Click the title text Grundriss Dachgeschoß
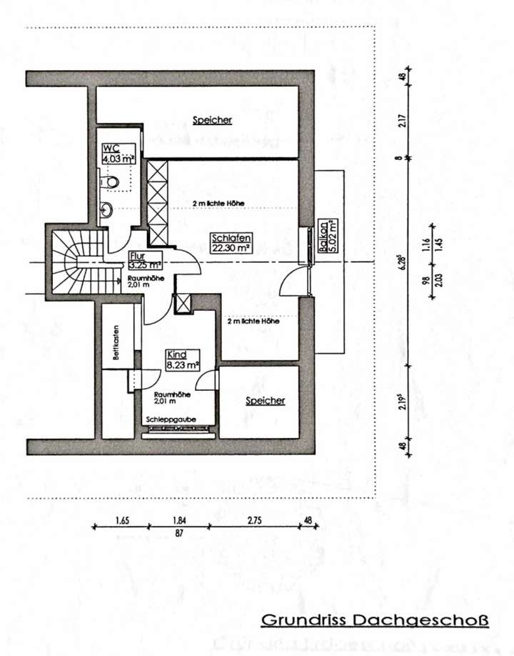click(375, 620)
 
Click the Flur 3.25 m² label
click(145, 259)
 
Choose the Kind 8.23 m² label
click(182, 359)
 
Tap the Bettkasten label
click(115, 343)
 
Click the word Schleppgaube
click(171, 419)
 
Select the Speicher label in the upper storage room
click(212, 120)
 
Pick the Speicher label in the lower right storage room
click(266, 401)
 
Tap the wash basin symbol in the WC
click(106, 210)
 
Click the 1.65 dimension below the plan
click(122, 521)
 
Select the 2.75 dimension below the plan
click(255, 521)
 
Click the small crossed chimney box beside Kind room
click(183, 302)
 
